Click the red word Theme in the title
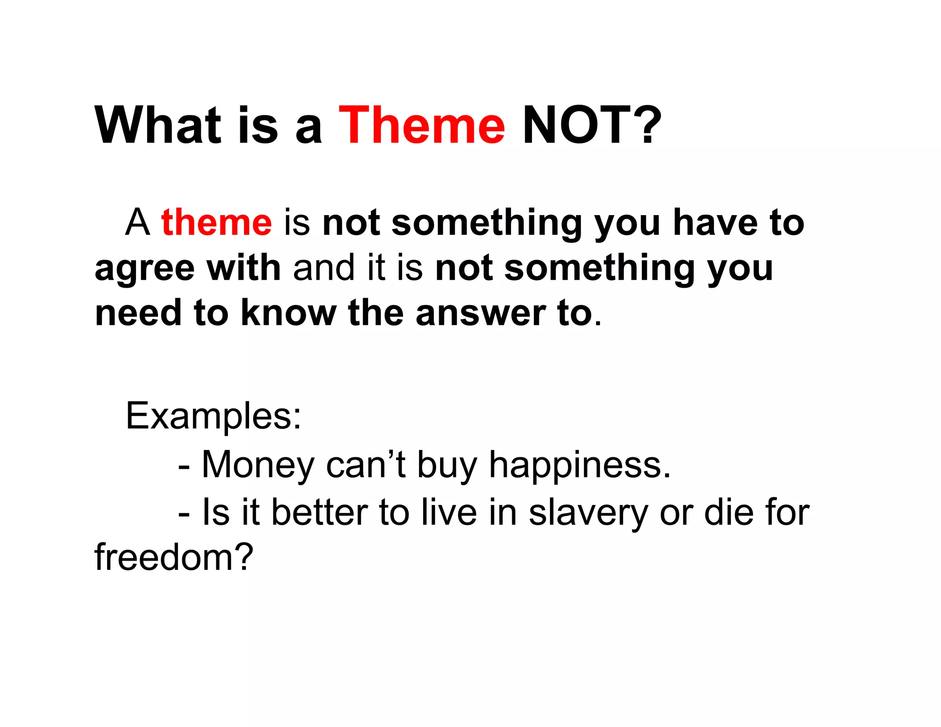tap(421, 125)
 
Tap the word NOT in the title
tap(580, 125)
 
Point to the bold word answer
tap(480, 313)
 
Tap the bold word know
tap(289, 313)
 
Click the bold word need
tap(138, 313)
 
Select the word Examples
tap(213, 416)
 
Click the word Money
tap(257, 465)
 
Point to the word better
tap(319, 513)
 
